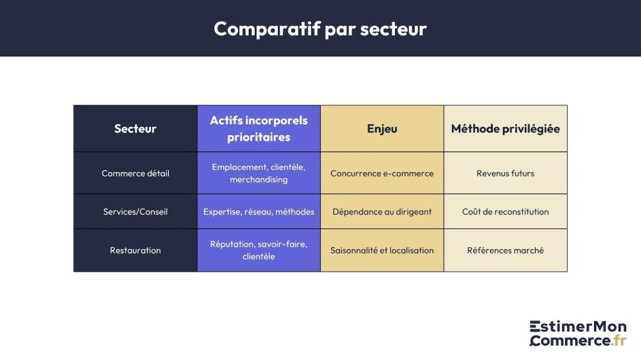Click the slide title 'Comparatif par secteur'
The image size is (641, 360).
320,29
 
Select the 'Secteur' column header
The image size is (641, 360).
135,128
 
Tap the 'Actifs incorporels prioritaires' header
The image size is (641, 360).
258,128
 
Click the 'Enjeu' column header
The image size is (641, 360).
382,128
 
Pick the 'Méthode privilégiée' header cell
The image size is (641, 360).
505,128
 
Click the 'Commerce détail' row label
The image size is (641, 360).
135,173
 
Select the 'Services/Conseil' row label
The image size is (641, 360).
135,211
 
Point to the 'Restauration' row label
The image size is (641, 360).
135,250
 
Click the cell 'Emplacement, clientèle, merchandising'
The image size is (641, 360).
258,173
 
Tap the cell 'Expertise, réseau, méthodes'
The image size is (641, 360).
258,211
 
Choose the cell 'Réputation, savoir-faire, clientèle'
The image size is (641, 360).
258,250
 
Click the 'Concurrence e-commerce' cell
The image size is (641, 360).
382,173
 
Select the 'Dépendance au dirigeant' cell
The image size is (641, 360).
382,211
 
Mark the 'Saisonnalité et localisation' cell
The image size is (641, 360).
382,250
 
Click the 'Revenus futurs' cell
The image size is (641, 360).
505,173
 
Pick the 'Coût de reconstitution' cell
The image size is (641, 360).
505,211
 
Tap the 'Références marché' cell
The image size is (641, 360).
505,250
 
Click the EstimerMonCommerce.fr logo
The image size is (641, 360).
578,334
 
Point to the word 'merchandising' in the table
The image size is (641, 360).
258,180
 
